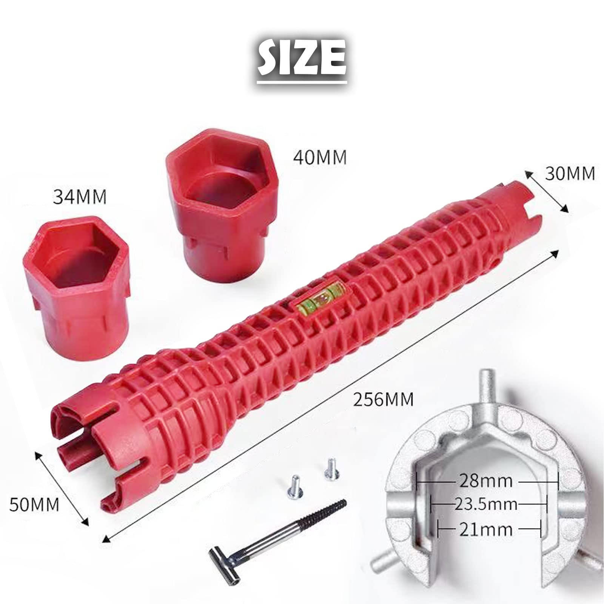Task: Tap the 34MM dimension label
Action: [80, 197]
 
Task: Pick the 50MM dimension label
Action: [34, 504]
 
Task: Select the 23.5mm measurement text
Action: [485, 504]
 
